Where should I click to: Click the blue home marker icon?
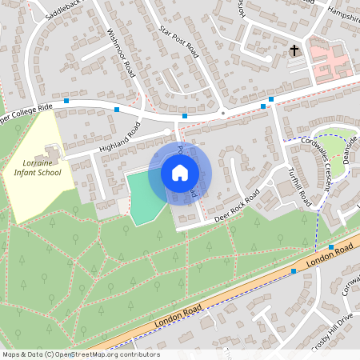pos(180,173)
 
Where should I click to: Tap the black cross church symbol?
pos(294,50)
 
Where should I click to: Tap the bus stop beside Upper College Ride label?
pos(66,102)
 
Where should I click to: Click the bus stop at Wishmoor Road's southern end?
pos(118,109)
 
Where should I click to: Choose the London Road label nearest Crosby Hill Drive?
pos(330,257)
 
